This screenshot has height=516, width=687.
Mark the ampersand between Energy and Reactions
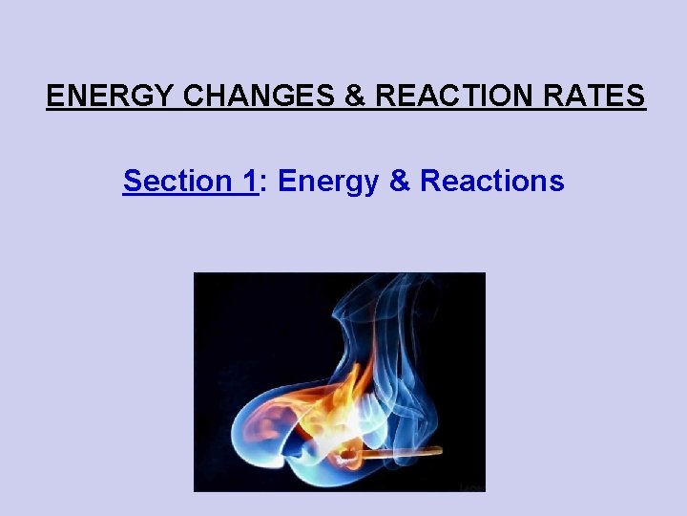click(x=400, y=181)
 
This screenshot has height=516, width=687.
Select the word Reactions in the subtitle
click(x=492, y=181)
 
